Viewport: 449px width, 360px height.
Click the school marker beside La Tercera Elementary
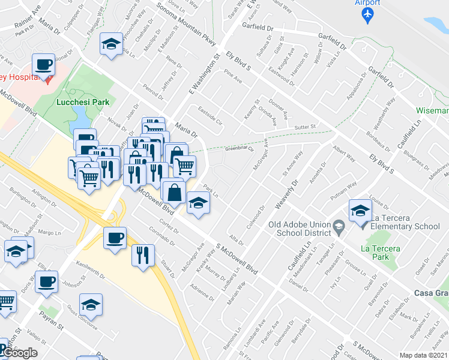click(360, 211)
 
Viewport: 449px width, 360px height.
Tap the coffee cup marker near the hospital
click(44, 64)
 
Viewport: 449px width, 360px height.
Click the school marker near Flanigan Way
click(110, 43)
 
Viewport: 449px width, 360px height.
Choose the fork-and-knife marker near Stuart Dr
click(143, 254)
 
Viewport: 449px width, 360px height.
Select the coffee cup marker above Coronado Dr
click(115, 238)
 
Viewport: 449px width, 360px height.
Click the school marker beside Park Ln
click(197, 203)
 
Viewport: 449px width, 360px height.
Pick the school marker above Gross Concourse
click(91, 305)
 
